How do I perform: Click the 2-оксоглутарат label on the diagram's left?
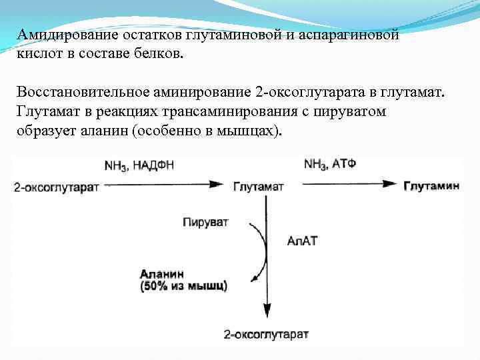pyautogui.click(x=56, y=187)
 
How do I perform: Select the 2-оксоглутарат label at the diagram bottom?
pyautogui.click(x=266, y=333)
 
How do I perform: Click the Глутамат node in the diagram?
pyautogui.click(x=259, y=187)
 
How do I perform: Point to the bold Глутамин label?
pyautogui.click(x=432, y=187)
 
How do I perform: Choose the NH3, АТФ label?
pyautogui.click(x=329, y=164)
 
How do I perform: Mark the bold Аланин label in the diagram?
pyautogui.click(x=161, y=273)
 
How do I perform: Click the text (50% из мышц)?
pyautogui.click(x=183, y=286)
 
